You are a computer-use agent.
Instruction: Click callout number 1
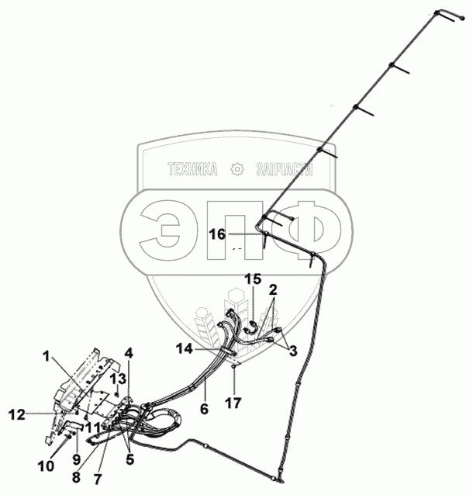pyautogui.click(x=47, y=357)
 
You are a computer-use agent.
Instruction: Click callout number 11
pyautogui.click(x=93, y=426)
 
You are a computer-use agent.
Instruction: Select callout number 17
pyautogui.click(x=233, y=403)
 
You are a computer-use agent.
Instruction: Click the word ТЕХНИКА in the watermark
pyautogui.click(x=191, y=169)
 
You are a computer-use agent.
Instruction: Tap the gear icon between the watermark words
pyautogui.click(x=236, y=169)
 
